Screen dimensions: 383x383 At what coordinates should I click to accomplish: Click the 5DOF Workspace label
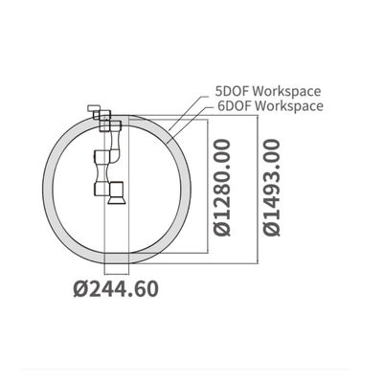click(268, 91)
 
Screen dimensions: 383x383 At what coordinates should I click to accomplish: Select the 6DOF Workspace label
click(270, 105)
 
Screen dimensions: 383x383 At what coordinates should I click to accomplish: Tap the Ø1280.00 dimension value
click(222, 188)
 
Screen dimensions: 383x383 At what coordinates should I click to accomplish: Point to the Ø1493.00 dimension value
click(271, 188)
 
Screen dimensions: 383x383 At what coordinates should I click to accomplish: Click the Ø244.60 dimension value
click(116, 289)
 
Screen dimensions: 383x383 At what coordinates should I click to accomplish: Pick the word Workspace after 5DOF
click(286, 91)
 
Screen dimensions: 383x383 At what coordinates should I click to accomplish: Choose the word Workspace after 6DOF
click(289, 105)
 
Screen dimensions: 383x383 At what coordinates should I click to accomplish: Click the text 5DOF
click(232, 91)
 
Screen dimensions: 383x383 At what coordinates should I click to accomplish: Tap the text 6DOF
click(235, 105)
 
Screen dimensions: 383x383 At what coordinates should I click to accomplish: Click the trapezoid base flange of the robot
click(117, 200)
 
